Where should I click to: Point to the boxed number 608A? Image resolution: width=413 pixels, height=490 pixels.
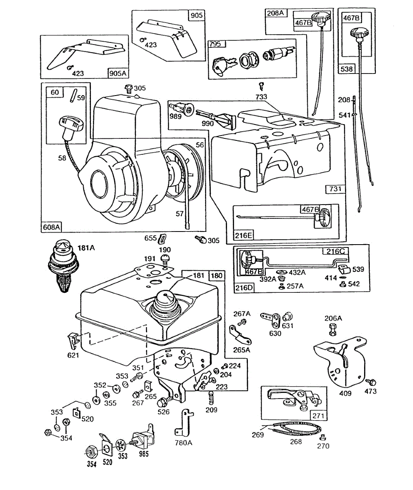tap(51, 227)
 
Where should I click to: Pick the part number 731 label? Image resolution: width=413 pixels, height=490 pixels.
tap(335, 189)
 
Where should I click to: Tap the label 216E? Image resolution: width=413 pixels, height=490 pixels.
tap(243, 235)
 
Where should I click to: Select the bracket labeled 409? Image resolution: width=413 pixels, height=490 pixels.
tap(338, 359)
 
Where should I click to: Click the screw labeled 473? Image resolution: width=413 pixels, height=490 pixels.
tap(371, 382)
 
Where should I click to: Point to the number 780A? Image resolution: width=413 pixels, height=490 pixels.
tap(183, 442)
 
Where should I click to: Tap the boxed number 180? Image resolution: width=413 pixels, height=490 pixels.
tap(217, 276)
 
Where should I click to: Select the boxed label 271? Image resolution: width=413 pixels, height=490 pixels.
tap(318, 416)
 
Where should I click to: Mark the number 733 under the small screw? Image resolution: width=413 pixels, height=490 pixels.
tap(261, 97)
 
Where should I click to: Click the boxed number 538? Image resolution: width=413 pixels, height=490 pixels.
tap(347, 69)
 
